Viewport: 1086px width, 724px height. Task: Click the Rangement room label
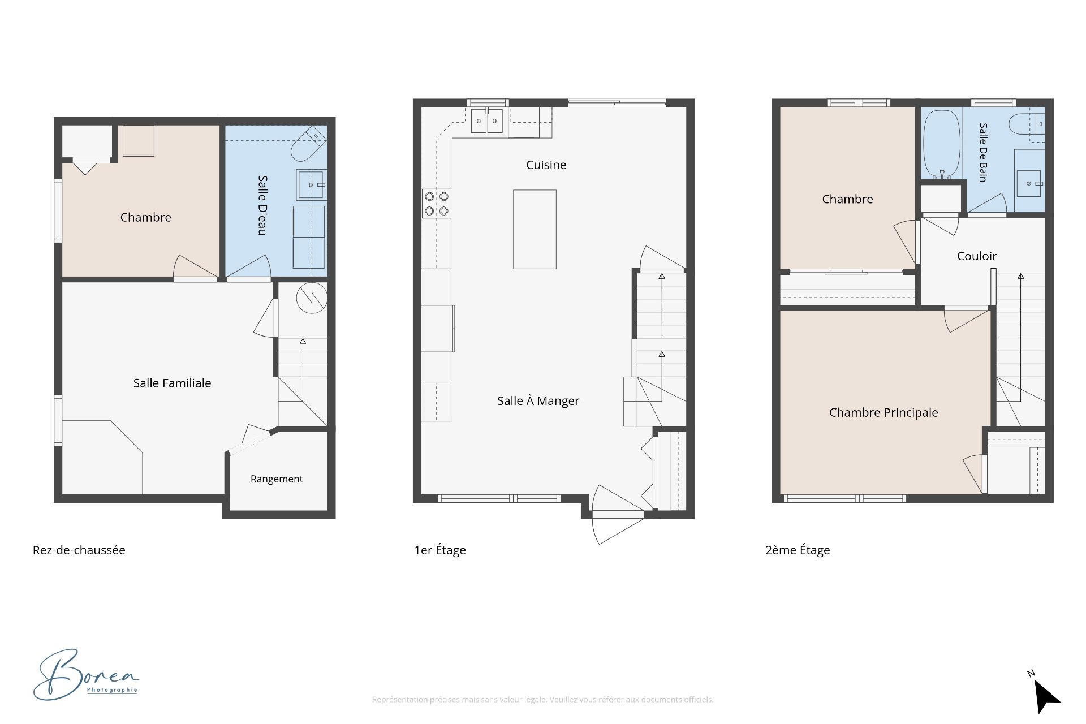pyautogui.click(x=277, y=479)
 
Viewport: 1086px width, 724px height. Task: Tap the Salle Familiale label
pyautogui.click(x=172, y=383)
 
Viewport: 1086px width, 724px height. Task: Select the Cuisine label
pyautogui.click(x=546, y=165)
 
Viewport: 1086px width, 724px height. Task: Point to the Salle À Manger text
pyautogui.click(x=538, y=401)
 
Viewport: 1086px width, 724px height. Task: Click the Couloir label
pyautogui.click(x=976, y=256)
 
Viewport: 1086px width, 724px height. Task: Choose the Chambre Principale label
pyautogui.click(x=884, y=413)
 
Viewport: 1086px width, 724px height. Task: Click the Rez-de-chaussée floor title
pyautogui.click(x=79, y=550)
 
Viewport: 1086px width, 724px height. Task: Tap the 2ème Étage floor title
pyautogui.click(x=798, y=550)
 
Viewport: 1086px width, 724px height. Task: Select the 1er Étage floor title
pyautogui.click(x=440, y=550)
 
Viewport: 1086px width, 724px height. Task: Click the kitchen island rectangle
pyautogui.click(x=535, y=229)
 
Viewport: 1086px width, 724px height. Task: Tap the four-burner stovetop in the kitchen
pyautogui.click(x=437, y=204)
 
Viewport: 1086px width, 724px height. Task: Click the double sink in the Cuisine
pyautogui.click(x=487, y=121)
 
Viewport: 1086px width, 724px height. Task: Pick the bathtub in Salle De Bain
pyautogui.click(x=942, y=145)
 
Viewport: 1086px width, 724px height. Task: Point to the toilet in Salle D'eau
pyautogui.click(x=308, y=144)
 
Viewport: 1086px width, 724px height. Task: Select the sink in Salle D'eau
pyautogui.click(x=311, y=184)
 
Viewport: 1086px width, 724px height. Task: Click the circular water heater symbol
pyautogui.click(x=312, y=298)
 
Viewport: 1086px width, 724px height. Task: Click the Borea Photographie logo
pyautogui.click(x=86, y=674)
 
